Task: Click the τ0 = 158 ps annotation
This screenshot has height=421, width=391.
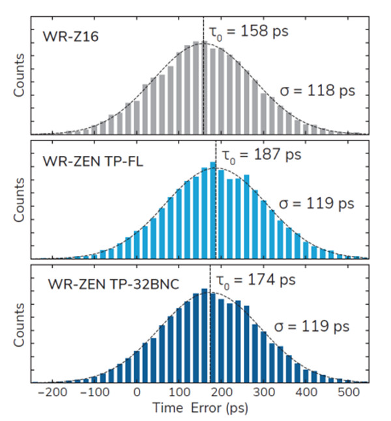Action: coord(248,30)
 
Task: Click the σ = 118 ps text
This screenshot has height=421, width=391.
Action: coord(317,90)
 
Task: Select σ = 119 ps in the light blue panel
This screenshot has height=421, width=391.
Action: coord(316,203)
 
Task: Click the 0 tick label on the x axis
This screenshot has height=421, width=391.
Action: coord(137,394)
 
